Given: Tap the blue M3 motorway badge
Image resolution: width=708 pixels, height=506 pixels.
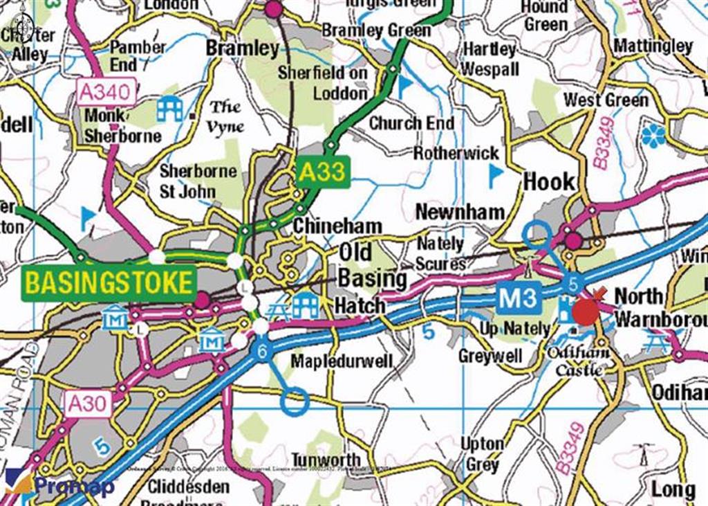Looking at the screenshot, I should coord(518,299).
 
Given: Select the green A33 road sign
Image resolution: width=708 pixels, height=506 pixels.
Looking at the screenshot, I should coord(321,172).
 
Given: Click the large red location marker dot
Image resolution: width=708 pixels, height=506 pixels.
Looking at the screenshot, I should coord(586,312).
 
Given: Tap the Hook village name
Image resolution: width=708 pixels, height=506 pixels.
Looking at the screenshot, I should coord(549,182).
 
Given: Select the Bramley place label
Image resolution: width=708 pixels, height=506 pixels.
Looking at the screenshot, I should coord(242,48).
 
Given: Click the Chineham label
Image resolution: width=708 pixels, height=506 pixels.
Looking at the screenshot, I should coord(337,226).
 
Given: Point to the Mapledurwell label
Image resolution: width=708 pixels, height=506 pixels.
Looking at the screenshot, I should coord(342,361).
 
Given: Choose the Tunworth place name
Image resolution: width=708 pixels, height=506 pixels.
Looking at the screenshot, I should coord(325,460).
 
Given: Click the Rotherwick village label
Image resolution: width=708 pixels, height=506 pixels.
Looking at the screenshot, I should coord(456,153).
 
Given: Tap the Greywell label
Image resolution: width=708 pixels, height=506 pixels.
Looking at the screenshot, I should coord(490,356).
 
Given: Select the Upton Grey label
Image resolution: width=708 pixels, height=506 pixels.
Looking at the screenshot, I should coord(482,453).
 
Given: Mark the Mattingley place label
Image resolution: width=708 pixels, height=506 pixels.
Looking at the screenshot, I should coord(653,46).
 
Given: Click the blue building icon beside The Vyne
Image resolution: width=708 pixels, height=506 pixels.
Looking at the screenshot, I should coord(169,109).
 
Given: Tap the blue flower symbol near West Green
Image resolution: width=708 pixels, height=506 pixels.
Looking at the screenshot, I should coord(653,136).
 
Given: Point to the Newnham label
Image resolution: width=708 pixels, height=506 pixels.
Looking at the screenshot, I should coord(460,212).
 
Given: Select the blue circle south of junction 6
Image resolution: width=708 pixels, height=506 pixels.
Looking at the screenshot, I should coord(295,401).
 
